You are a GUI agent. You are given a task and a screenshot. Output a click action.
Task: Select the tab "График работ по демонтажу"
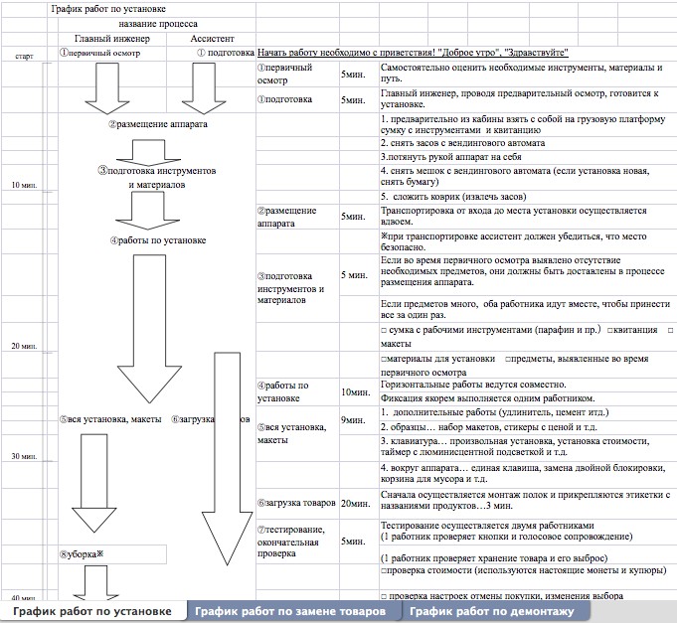click(491, 611)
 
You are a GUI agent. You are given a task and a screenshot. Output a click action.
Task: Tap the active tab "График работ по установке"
click(91, 611)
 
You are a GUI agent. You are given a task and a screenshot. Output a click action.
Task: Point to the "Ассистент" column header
click(212, 39)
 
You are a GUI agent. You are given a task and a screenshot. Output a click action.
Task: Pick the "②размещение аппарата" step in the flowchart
click(157, 125)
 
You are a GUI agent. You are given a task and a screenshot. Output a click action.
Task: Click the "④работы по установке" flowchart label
click(157, 239)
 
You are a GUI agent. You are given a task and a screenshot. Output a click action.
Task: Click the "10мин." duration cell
click(355, 391)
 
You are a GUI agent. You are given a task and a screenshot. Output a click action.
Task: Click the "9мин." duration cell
click(354, 420)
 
